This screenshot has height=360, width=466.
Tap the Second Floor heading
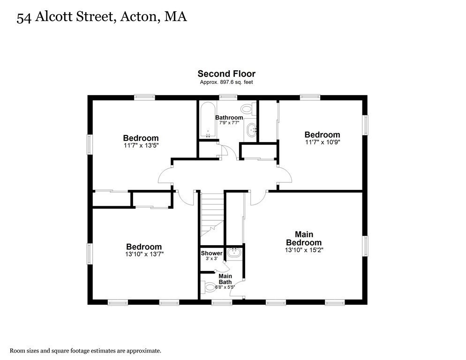point(226,74)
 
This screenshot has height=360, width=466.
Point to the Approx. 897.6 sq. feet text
point(226,82)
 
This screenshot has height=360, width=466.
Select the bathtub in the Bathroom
point(207,120)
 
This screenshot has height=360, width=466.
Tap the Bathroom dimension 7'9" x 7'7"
point(229,123)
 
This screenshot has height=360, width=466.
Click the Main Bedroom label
point(304,238)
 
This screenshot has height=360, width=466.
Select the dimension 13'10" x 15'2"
point(304,250)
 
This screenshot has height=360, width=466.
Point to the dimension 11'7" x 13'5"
point(141,146)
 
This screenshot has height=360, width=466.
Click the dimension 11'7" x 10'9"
point(322,142)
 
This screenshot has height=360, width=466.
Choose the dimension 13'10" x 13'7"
point(143,254)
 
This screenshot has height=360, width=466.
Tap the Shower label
point(211,253)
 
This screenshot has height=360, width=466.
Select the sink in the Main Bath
point(233,254)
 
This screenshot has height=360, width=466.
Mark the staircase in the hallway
point(212,213)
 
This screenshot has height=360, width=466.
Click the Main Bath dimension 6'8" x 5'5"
point(225,287)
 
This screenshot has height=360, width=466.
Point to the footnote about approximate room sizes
point(86,350)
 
